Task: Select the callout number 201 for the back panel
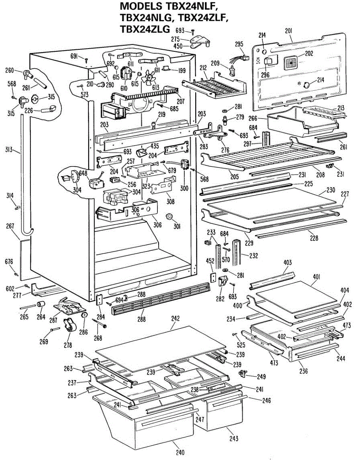pyautogui.click(x=289, y=31)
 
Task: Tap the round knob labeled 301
pyautogui.click(x=169, y=216)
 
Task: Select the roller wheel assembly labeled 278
pyautogui.click(x=70, y=325)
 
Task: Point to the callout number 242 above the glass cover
pyautogui.click(x=175, y=319)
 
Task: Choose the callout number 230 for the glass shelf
pyautogui.click(x=331, y=190)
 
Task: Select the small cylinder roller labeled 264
pyautogui.click(x=41, y=305)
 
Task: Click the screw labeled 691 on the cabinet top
pyautogui.click(x=86, y=60)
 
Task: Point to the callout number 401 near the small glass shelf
pyautogui.click(x=316, y=277)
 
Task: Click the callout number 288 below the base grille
pyautogui.click(x=142, y=319)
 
